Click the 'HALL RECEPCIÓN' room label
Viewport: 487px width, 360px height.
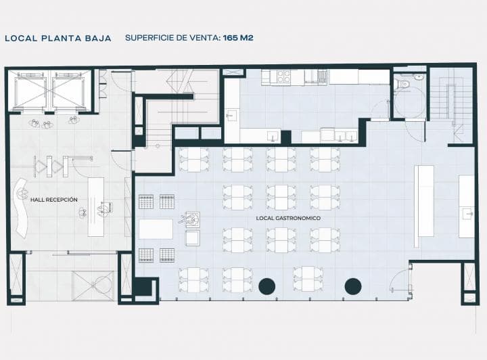tap(54, 200)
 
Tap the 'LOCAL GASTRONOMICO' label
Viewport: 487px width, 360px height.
tap(288, 219)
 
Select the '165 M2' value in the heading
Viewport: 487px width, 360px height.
tap(238, 38)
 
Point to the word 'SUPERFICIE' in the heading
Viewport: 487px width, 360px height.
tap(149, 38)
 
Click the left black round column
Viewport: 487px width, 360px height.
tap(266, 286)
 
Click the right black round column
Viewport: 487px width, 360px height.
tap(353, 286)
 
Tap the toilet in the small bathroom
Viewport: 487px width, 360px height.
tap(404, 83)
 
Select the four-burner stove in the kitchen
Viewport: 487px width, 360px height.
tap(283, 76)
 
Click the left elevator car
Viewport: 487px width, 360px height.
tap(30, 91)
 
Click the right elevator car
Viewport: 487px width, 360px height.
tap(68, 91)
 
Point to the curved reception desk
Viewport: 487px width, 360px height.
tap(21, 208)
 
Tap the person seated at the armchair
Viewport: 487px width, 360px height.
tap(190, 220)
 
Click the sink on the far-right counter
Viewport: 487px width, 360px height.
tap(467, 214)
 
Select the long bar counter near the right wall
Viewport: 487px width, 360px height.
tap(424, 206)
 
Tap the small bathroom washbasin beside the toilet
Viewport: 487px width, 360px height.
tap(419, 76)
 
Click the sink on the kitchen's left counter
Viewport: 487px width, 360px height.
tap(231, 115)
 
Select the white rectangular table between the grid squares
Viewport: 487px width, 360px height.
tap(156, 229)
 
